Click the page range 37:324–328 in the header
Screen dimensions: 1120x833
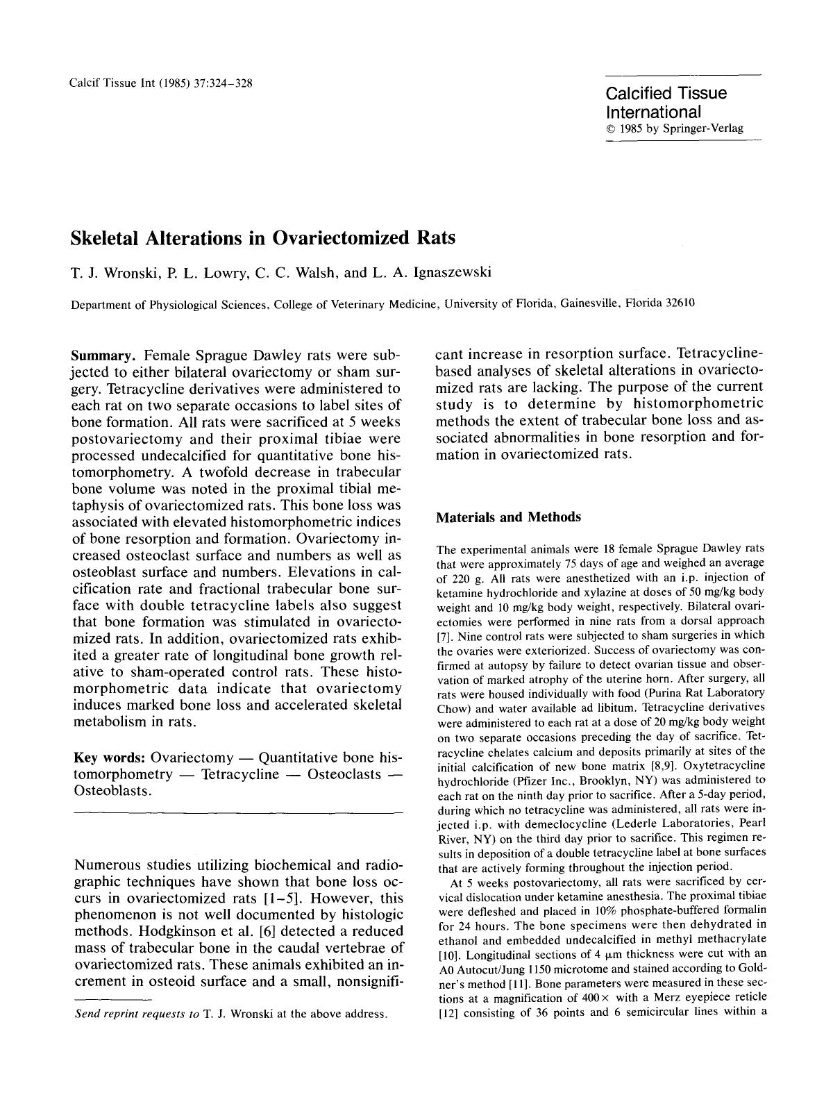(x=219, y=83)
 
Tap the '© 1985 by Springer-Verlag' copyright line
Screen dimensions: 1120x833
(x=674, y=128)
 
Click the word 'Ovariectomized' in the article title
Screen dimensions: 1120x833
(x=343, y=238)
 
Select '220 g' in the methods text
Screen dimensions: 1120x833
(x=466, y=578)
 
